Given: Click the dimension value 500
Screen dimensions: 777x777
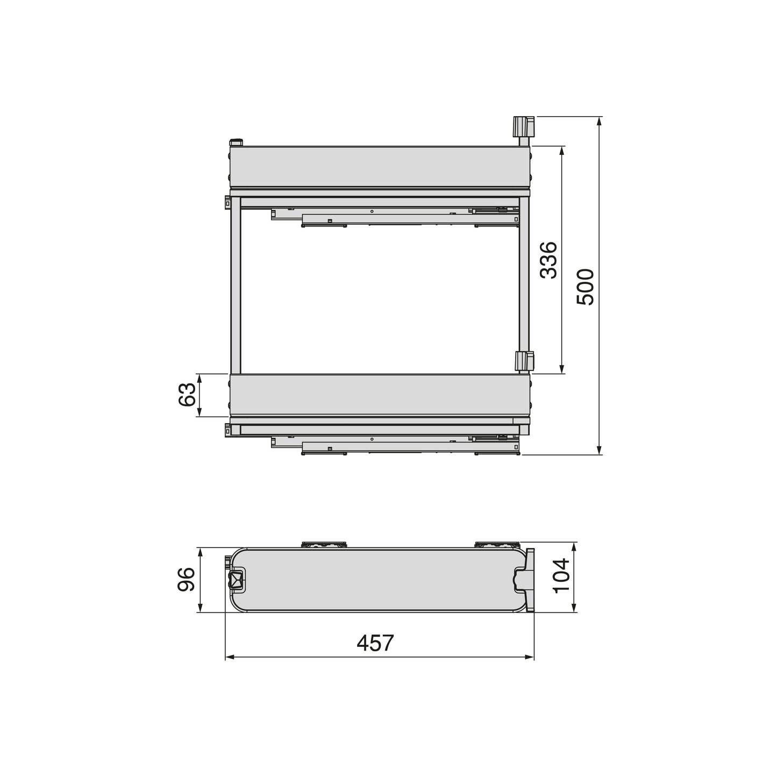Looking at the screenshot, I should pos(585,287).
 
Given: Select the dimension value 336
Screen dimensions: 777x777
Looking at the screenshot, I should pos(548,260).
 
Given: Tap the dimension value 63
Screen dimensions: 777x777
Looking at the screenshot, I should pos(187,395).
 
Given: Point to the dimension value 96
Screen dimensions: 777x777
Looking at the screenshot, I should pos(187,580).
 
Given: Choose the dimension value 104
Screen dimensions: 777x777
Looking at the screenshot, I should pos(561,575).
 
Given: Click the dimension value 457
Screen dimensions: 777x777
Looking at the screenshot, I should pos(375,643).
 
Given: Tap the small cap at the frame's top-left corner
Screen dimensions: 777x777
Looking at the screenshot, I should pos(236,142).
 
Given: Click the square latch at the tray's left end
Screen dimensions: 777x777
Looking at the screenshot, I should pos(236,580).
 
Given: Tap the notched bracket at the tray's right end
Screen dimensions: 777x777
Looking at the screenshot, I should pos(526,580).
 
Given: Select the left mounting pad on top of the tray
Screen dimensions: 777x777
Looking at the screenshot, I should pos(324,545).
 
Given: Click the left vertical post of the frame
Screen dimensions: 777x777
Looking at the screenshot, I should pos(236,285).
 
